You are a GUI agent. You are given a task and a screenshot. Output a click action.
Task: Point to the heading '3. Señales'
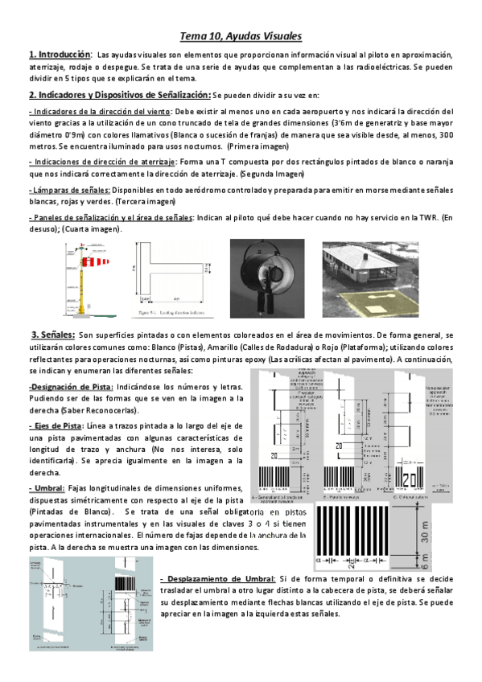point(53,311)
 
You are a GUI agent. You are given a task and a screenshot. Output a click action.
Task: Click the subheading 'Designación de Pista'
point(71,387)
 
